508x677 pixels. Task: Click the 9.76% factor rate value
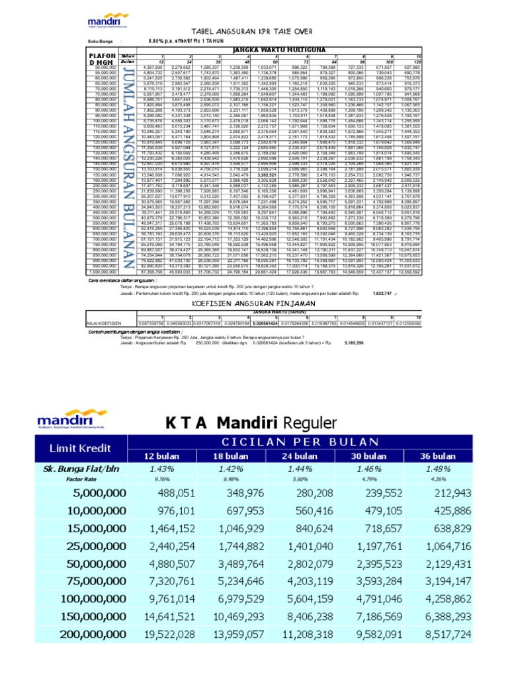coord(163,478)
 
